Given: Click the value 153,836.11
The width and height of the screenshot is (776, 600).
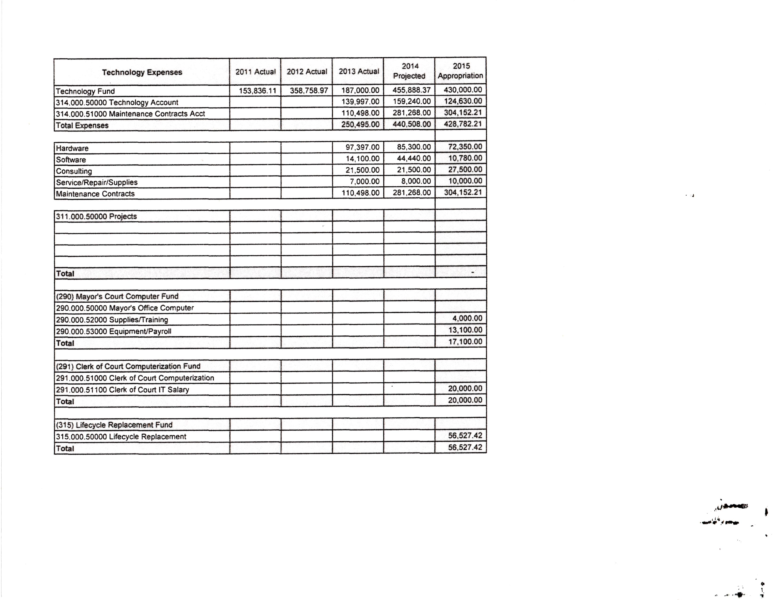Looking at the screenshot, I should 257,91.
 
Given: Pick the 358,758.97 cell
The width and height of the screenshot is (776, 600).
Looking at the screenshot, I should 308,91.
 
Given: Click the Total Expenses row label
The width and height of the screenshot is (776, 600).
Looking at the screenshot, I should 82,125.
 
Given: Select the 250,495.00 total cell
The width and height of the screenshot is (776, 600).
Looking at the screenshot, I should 360,124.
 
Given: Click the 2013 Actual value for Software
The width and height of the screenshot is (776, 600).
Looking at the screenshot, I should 362,159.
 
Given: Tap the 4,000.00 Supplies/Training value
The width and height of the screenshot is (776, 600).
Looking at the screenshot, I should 467,318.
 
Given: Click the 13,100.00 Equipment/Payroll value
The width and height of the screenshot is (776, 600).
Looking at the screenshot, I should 465,330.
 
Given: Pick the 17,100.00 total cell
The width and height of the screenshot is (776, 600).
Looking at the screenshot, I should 465,342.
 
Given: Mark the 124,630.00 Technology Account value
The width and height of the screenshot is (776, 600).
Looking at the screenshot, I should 463,101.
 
